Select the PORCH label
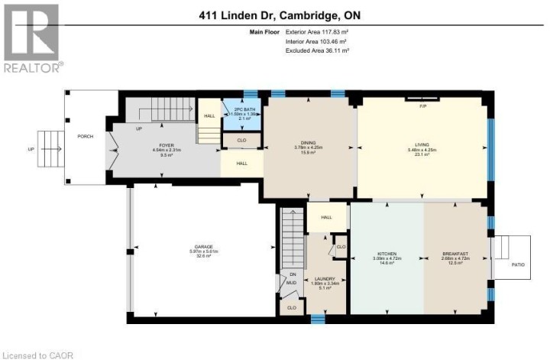click(85, 138)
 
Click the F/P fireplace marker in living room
click(422, 105)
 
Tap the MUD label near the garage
click(292, 283)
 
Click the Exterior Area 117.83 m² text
click(317, 32)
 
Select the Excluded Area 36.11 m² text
click(317, 50)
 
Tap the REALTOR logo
click(32, 38)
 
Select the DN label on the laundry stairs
click(292, 274)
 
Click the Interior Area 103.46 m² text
click(317, 41)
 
